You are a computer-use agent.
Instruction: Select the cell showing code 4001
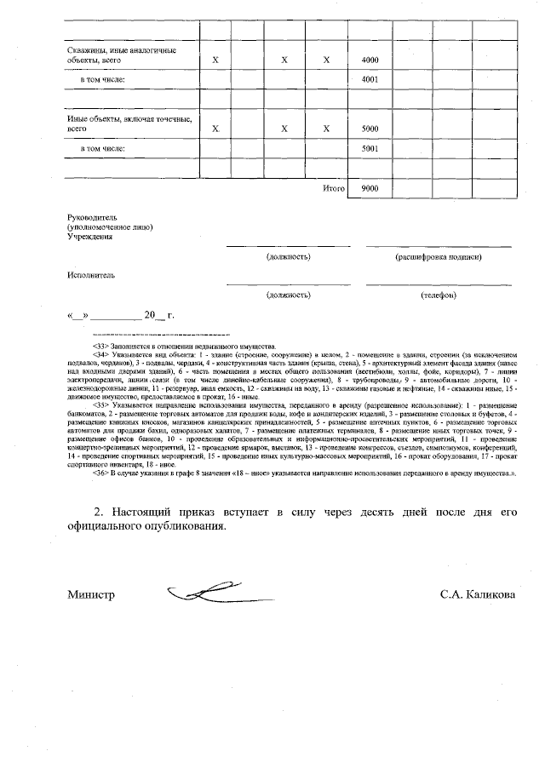tap(370, 79)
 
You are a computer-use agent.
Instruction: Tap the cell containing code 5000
tap(370, 129)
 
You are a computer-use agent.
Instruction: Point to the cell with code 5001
tap(370, 147)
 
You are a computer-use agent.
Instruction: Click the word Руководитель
tap(91, 218)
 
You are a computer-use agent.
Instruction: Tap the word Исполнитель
tap(90, 276)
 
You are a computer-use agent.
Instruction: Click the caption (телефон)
tap(439, 295)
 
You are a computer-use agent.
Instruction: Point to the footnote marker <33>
tap(100, 347)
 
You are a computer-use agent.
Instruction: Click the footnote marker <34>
tap(100, 354)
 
